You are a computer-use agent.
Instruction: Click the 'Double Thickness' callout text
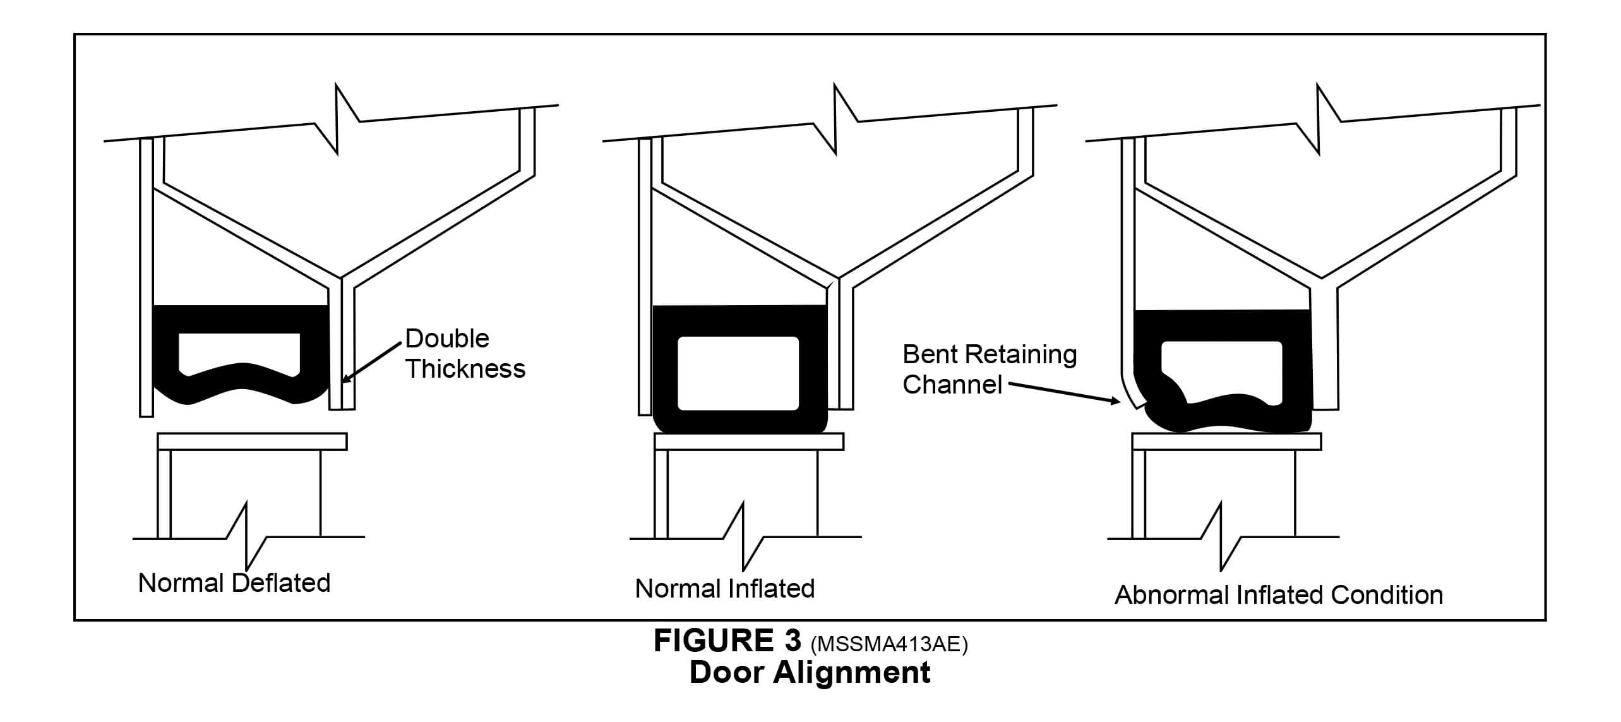click(465, 354)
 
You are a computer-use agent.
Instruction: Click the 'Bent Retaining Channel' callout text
click(989, 369)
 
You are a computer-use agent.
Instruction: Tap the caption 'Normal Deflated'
click(234, 583)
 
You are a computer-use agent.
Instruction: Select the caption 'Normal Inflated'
click(724, 589)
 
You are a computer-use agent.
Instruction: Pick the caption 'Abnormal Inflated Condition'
click(1278, 595)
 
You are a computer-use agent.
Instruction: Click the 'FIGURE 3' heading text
click(727, 641)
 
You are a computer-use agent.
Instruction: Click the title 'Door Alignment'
click(810, 672)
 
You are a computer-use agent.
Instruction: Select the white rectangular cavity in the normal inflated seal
click(738, 373)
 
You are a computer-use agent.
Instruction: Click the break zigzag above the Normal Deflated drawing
click(337, 120)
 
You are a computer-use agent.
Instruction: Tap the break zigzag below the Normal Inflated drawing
click(744, 537)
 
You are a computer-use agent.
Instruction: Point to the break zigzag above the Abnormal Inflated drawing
click(1318, 120)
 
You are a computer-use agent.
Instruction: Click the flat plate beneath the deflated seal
click(252, 442)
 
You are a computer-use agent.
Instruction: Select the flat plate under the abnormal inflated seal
click(1226, 442)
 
